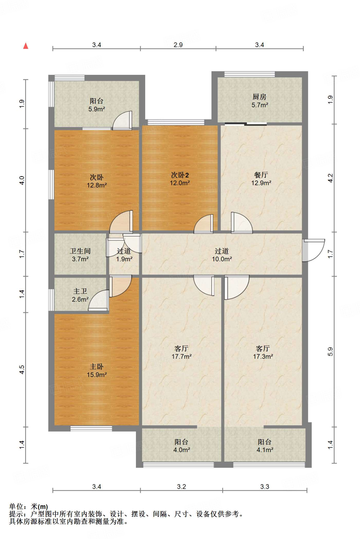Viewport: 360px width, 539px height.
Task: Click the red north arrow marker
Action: pos(26,46)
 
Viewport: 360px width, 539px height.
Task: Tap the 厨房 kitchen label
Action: pos(260,97)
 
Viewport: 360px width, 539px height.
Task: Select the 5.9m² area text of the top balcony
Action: pos(97,109)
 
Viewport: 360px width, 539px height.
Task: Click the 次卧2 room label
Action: pos(180,175)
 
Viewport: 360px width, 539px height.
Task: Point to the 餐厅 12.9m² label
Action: pos(261,179)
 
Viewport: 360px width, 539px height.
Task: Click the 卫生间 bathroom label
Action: pos(80,251)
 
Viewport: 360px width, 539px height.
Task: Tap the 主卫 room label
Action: pos(80,291)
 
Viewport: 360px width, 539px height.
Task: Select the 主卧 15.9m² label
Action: pos(97,371)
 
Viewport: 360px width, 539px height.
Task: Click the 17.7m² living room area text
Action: pos(181,356)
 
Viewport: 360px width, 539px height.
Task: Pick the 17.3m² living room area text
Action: pos(263,356)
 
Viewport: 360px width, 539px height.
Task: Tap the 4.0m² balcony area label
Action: pos(181,450)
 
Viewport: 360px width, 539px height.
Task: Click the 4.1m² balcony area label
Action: pos(265,450)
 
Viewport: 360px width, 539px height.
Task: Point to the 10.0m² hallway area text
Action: pos(222,259)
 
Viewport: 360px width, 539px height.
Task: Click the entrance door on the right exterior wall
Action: pos(313,250)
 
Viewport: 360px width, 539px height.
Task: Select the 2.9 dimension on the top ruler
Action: pos(178,45)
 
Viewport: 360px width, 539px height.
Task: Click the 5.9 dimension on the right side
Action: pos(331,352)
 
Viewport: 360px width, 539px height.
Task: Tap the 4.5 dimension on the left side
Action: pos(22,370)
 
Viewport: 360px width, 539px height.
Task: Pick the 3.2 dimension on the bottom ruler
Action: pos(181,487)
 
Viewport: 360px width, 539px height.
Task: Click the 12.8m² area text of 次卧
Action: pos(97,185)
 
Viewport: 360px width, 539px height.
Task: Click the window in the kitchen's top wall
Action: pos(250,74)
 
